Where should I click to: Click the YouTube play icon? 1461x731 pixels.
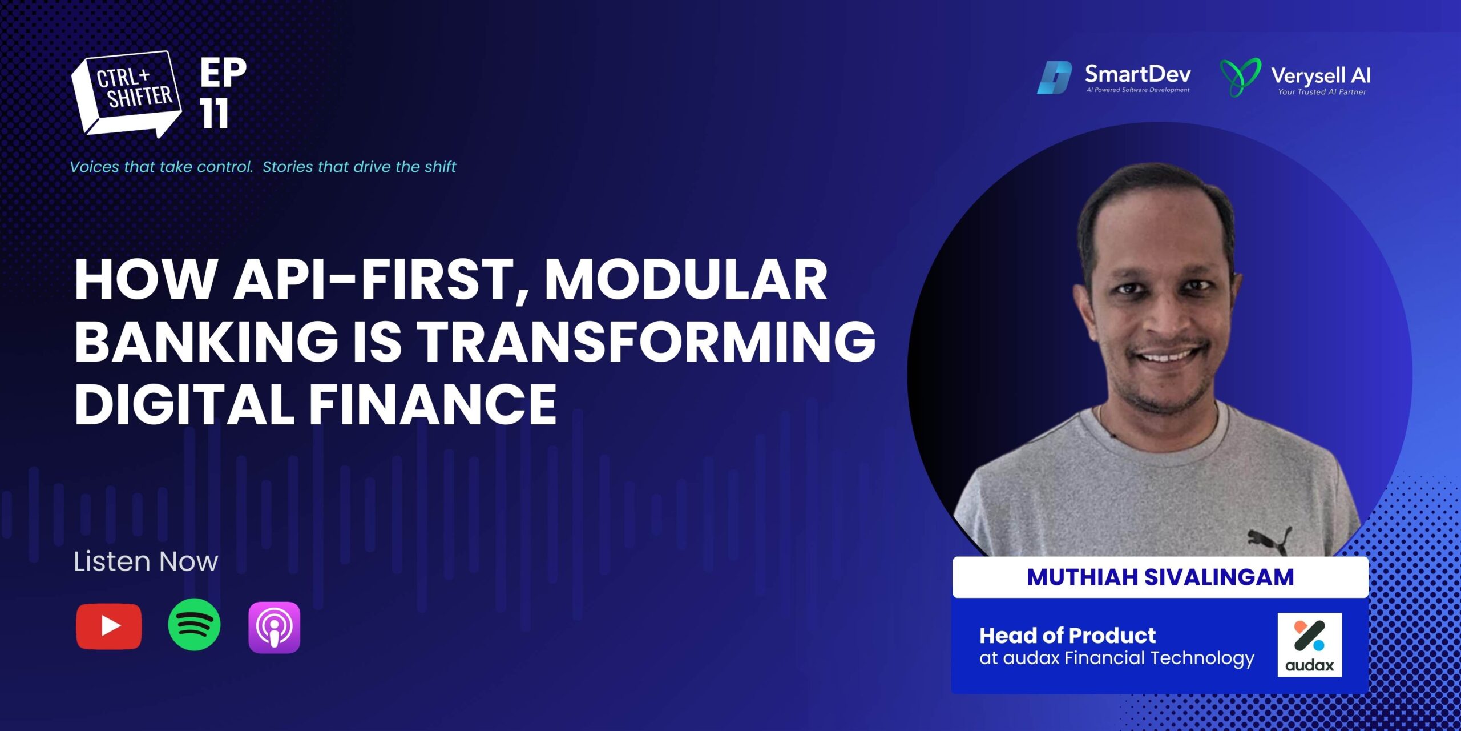point(108,626)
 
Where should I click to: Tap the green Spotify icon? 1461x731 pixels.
point(194,625)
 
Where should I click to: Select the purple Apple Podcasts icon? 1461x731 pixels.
point(274,627)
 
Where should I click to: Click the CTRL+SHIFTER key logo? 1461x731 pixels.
point(126,95)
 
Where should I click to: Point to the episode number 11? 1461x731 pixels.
point(215,114)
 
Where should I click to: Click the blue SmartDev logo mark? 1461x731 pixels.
point(1054,78)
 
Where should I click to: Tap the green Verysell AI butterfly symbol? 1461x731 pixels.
point(1240,77)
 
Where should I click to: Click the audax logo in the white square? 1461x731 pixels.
point(1309,645)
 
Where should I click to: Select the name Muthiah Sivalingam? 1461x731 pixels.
point(1160,577)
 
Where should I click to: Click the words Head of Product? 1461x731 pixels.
point(1067,635)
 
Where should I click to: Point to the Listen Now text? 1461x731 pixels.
point(146,561)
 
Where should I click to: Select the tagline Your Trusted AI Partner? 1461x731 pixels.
point(1322,92)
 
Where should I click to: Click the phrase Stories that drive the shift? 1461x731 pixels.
point(359,167)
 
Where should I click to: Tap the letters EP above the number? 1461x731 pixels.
point(223,73)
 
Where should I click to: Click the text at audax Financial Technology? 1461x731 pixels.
point(1117,658)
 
